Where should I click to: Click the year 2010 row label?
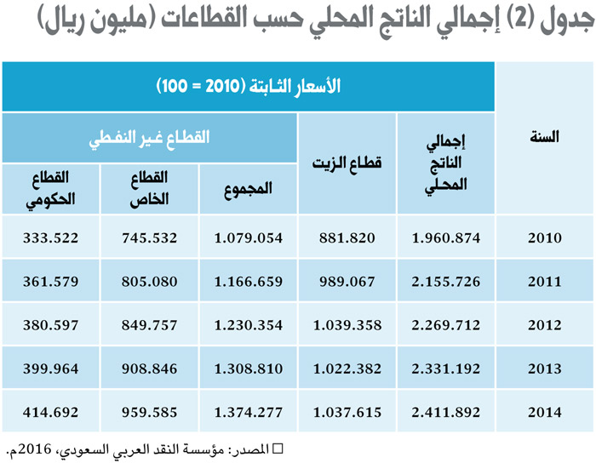[545, 237]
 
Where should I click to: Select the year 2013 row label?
[545, 369]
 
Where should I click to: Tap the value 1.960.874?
[446, 237]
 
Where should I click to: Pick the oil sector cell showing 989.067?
[347, 282]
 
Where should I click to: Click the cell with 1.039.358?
[347, 325]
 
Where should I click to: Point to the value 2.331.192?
[446, 369]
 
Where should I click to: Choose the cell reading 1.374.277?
[249, 413]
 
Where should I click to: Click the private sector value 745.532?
[150, 237]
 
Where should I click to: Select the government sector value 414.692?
[50, 413]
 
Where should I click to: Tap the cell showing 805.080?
[150, 282]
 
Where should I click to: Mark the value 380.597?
[50, 325]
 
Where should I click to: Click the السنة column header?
[544, 136]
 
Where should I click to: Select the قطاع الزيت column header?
[347, 163]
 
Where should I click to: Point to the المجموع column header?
[249, 189]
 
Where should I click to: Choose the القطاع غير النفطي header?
[150, 136]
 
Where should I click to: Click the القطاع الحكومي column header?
[50, 188]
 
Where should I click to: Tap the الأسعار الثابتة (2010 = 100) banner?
[248, 86]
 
